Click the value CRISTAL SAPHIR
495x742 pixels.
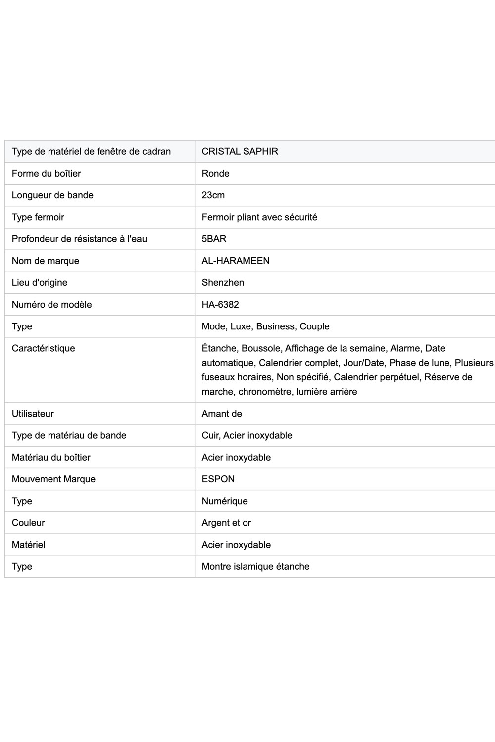coord(240,151)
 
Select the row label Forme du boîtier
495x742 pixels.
coord(46,173)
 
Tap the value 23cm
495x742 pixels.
coord(213,195)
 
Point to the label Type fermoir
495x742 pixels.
coord(38,217)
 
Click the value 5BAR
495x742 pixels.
coord(214,239)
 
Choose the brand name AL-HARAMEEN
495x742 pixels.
coord(236,261)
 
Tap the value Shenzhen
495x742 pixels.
coord(223,282)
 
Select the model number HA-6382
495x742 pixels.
coord(220,304)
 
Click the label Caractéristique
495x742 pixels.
coord(43,348)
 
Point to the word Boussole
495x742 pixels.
coord(260,348)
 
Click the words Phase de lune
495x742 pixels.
coord(419,363)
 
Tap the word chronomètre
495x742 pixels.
coord(265,392)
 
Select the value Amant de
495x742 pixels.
coord(222,414)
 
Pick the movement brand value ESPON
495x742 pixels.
coord(218,479)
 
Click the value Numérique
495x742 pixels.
coord(225,501)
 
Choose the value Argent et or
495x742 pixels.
coord(226,523)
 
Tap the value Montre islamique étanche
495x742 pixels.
coord(255,566)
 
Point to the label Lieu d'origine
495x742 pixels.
coord(40,282)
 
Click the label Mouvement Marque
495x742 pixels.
coord(53,479)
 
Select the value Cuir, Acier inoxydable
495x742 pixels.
coord(247,435)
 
